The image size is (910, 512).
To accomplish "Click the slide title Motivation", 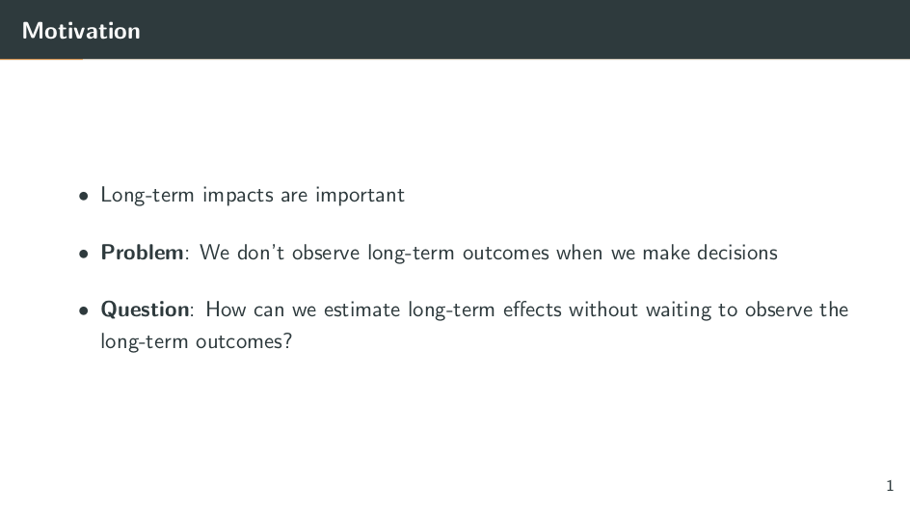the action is click(81, 31).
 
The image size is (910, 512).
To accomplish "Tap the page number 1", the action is click(890, 485).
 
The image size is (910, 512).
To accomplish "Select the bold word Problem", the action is click(143, 253).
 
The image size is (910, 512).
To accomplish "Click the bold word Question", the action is click(146, 310).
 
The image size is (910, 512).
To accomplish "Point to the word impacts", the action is click(237, 196).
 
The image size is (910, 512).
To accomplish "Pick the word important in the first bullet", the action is click(360, 196).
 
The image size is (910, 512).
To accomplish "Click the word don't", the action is click(260, 253).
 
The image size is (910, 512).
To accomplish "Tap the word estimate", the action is click(362, 310).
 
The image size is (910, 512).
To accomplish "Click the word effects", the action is click(532, 310).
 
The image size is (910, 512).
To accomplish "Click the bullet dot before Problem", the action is click(84, 254).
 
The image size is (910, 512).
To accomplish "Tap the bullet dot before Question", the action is click(84, 310).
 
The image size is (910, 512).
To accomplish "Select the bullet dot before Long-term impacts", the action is click(84, 196).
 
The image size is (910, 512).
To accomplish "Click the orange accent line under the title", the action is click(41, 59).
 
